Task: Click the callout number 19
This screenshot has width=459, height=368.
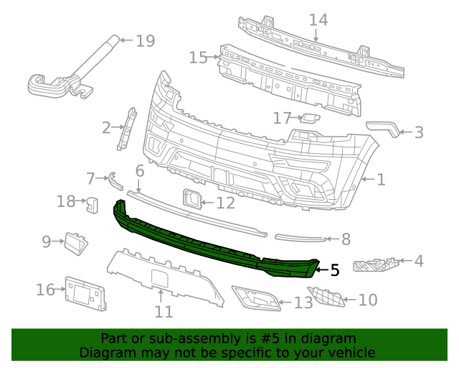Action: click(x=145, y=40)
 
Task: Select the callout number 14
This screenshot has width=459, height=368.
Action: click(x=318, y=19)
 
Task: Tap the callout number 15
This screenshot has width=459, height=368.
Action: click(x=198, y=57)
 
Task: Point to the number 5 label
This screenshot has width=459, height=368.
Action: click(x=334, y=270)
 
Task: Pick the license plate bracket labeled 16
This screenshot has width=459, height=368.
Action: click(x=85, y=293)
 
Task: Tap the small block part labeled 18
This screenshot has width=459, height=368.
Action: click(x=93, y=203)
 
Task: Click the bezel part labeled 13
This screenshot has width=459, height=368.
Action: click(x=256, y=298)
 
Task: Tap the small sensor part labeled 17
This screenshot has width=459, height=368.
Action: click(x=309, y=119)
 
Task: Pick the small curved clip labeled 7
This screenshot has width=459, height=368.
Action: click(x=113, y=181)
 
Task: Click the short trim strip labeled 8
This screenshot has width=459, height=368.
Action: click(x=302, y=236)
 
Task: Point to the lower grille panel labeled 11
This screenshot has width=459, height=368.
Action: click(x=161, y=272)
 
